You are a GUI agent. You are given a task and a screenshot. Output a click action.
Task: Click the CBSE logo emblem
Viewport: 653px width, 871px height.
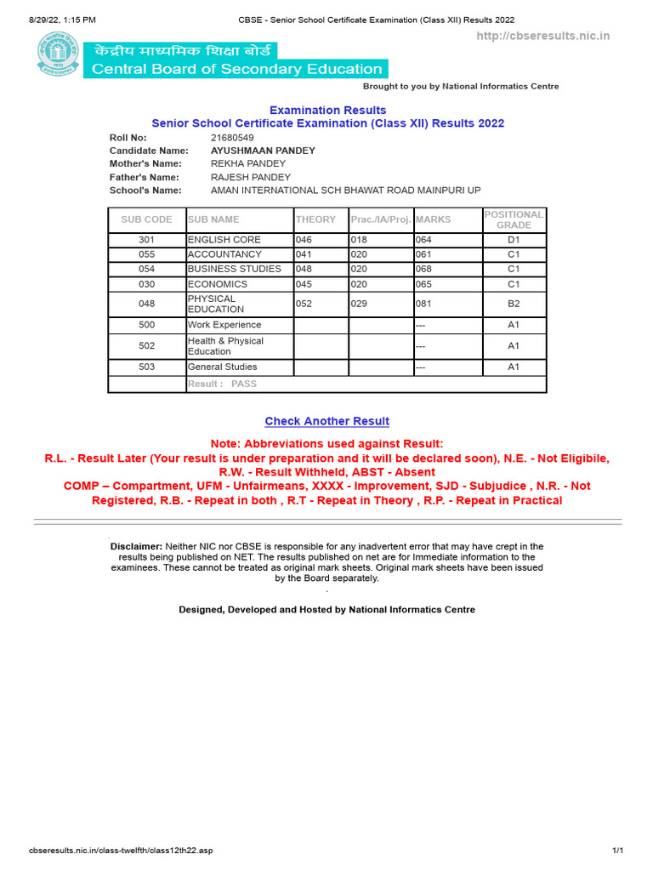point(58,53)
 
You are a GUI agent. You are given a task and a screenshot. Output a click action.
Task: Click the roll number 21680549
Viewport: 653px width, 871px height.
point(232,137)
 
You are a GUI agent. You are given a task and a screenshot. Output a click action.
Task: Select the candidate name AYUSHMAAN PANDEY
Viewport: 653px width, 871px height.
point(263,151)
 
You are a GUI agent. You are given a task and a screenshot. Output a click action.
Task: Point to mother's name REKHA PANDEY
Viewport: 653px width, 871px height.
point(247,163)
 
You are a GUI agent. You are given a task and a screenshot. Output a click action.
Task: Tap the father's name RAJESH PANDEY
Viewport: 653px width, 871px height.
point(250,177)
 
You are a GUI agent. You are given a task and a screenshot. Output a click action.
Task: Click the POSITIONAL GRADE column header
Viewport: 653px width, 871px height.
point(514,219)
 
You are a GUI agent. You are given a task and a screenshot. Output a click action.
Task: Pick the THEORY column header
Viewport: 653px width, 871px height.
point(315,219)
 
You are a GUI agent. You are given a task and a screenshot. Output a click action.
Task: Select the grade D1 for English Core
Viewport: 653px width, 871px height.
point(514,240)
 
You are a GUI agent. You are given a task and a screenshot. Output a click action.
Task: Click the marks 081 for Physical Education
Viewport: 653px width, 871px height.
point(423,304)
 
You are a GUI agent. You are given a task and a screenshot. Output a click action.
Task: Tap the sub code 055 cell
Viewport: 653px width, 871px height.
point(146,254)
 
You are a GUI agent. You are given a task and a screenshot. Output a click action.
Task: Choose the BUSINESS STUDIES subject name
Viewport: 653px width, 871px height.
point(234,269)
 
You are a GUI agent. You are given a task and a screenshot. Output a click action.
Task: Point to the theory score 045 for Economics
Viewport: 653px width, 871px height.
point(304,284)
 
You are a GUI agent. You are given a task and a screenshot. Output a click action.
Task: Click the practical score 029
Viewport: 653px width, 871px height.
point(359,304)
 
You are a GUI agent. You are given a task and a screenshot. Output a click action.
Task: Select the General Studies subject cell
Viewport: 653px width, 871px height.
point(222,367)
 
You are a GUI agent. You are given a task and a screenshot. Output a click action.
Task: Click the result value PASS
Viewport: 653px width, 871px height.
point(243,384)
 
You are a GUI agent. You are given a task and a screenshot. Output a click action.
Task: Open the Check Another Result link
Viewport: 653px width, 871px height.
point(326,421)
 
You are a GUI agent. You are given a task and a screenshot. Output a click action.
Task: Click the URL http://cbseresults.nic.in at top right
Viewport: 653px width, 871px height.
point(542,36)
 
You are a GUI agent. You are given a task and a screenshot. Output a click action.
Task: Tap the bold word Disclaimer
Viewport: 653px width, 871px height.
point(136,546)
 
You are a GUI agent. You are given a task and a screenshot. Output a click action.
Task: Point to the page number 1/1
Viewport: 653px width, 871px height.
point(618,851)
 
